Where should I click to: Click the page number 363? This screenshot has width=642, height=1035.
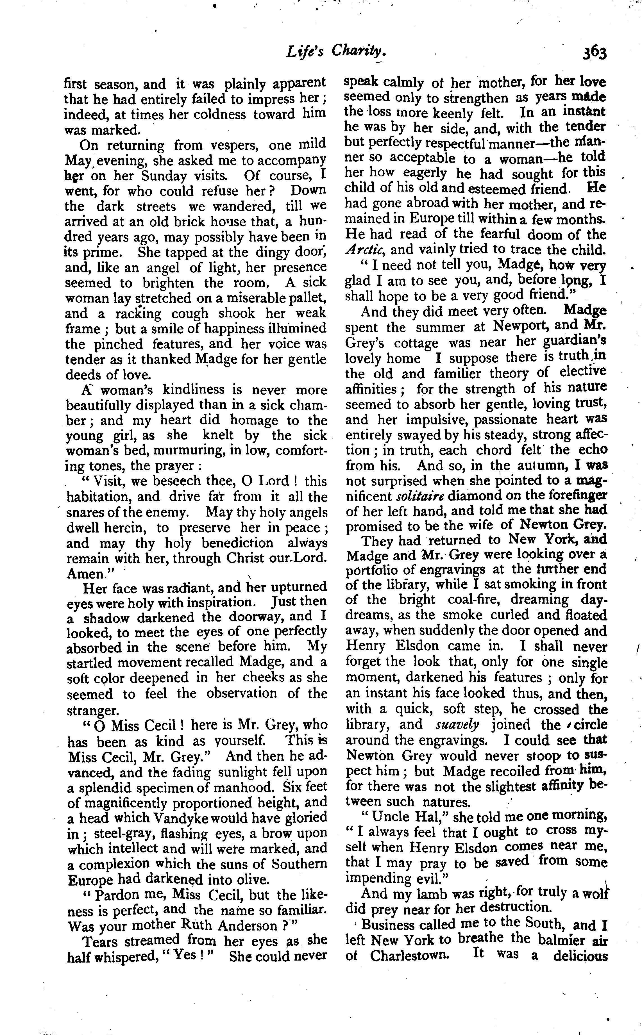[594, 53]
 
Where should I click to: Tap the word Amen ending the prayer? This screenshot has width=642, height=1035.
[85, 574]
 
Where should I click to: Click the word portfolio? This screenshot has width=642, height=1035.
[373, 570]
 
